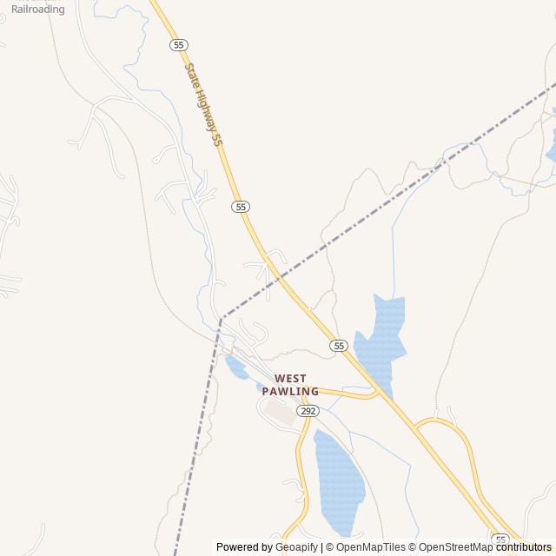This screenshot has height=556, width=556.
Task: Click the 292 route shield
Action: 307,410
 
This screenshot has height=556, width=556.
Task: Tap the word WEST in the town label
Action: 290,379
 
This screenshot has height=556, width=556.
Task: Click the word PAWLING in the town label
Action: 290,392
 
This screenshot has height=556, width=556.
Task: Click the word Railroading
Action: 37,10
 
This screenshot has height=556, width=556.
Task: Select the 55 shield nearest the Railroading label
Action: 179,44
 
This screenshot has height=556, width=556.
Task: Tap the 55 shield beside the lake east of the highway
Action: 339,346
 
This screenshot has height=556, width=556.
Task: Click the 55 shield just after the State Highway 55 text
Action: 241,207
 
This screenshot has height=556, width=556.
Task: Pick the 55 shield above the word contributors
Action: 500,539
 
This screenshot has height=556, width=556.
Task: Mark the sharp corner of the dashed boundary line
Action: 222,317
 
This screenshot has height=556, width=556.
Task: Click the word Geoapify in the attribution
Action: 296,547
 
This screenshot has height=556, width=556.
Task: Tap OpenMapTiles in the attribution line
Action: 371,547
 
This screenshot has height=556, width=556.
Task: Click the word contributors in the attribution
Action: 526,547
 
